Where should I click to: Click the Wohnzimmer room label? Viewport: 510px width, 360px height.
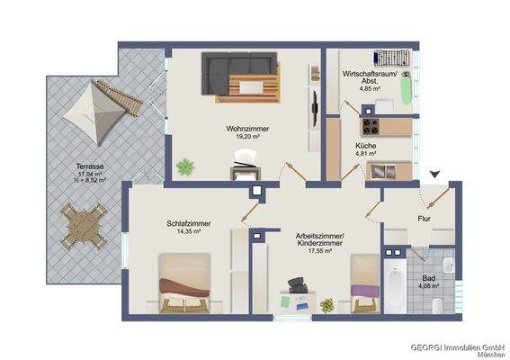(248, 129)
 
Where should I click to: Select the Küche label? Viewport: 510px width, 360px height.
(365, 145)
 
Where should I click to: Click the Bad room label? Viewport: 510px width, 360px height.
(428, 278)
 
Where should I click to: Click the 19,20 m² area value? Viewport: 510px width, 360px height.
(248, 138)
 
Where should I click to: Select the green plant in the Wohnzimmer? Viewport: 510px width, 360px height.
(186, 166)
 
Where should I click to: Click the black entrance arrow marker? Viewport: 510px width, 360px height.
(436, 174)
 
